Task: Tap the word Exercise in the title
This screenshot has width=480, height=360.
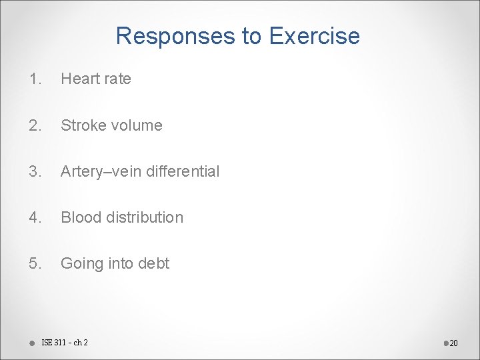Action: click(314, 37)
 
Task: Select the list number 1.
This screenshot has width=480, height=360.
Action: click(34, 79)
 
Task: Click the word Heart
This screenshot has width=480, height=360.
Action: click(80, 79)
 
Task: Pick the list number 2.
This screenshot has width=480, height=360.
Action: click(34, 125)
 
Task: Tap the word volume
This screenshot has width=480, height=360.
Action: click(136, 125)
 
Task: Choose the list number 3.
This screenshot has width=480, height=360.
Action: click(34, 171)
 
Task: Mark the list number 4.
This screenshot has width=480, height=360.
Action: click(34, 217)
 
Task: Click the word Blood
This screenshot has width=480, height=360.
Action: click(79, 217)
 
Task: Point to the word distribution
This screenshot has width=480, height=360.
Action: click(143, 217)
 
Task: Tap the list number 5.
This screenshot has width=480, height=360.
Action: click(34, 263)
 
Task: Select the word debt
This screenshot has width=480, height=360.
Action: click(154, 263)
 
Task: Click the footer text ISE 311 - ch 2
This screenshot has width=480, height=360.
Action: click(64, 343)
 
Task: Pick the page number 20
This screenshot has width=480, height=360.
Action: click(453, 343)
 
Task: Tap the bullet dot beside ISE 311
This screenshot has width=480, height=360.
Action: click(31, 343)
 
